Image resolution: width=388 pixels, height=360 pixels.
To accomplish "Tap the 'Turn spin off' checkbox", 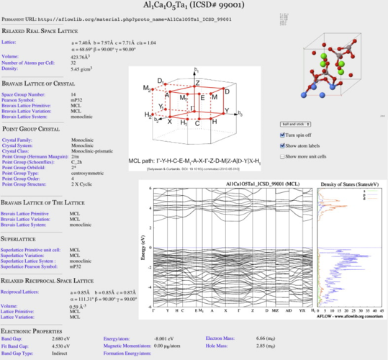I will coord(282,135).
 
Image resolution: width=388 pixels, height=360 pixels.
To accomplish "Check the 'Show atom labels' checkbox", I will coord(282,145).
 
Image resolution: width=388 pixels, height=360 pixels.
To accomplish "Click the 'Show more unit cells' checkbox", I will coord(282,156).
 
